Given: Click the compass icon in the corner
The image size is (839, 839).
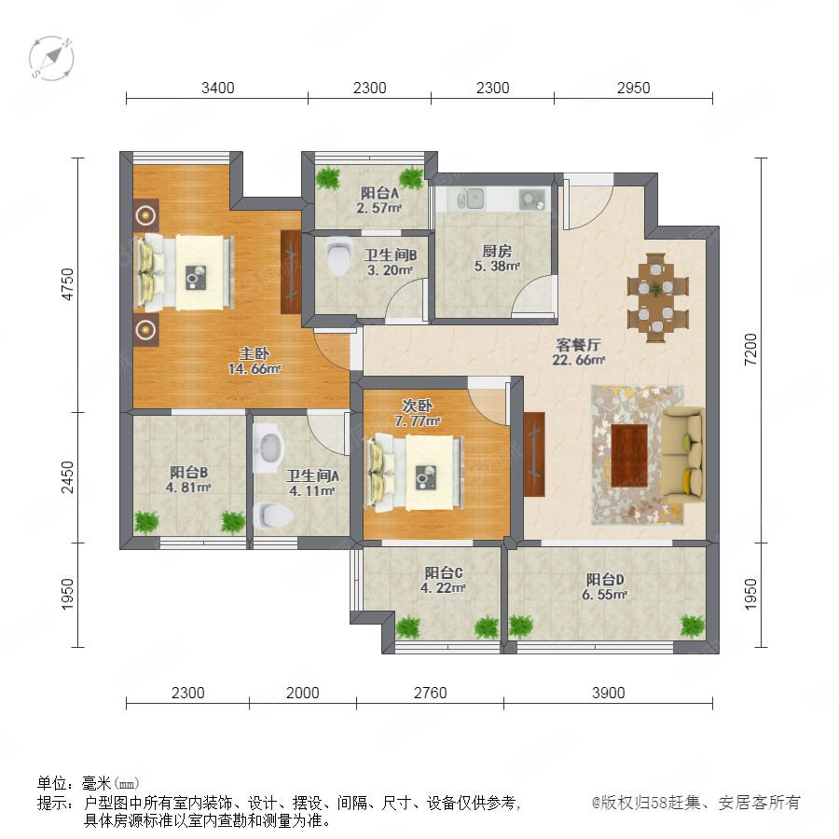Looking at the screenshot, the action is tap(51, 58).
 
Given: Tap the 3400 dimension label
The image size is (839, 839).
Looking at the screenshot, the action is tap(218, 88).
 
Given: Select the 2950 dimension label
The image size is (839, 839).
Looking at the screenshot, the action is tap(634, 88).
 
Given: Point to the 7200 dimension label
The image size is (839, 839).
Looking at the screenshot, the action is tap(751, 350).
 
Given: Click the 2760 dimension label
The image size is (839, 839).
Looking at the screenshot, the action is tap(430, 693).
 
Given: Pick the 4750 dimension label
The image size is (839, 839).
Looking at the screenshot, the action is tap(67, 284).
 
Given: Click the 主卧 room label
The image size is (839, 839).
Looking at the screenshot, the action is tap(254, 353).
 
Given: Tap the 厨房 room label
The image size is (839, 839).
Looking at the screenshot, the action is tap(497, 251).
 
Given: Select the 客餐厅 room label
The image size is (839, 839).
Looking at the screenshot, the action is tap(578, 345).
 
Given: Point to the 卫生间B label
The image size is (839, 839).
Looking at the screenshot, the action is tap(391, 254).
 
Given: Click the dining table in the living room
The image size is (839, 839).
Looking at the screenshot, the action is tap(657, 297).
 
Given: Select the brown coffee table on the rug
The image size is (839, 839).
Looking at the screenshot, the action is tap(629, 455).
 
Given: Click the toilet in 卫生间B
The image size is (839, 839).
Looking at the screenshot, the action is tap(338, 255).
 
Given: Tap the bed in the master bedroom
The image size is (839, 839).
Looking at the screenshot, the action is tap(186, 273).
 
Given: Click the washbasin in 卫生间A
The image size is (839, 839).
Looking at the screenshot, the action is tap(268, 447).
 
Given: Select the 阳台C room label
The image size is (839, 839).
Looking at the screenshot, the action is tap(444, 572).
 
